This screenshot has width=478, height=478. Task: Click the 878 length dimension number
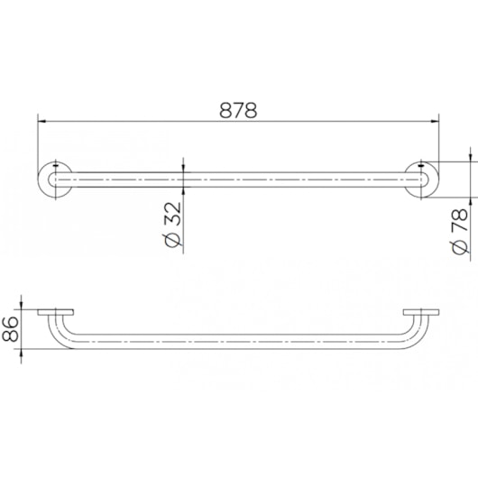[x=238, y=110]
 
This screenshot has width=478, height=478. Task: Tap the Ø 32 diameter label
[x=173, y=225]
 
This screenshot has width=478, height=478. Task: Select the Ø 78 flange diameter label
[x=460, y=232]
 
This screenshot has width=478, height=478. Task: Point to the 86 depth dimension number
[x=10, y=329]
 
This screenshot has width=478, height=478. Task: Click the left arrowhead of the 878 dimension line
[x=41, y=122]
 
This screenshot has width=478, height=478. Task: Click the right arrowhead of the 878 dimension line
[x=436, y=122]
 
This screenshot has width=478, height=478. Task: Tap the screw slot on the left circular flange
[x=55, y=166]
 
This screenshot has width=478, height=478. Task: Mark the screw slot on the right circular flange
[x=421, y=166]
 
